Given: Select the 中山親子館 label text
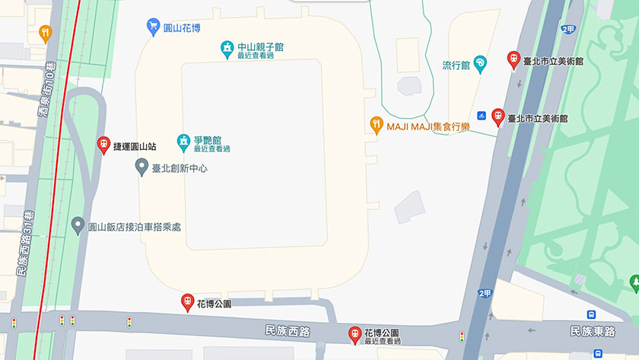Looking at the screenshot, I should point(260,47).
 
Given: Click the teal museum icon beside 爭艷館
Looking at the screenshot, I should point(183,142).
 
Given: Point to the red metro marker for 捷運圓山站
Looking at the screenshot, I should point(104,145).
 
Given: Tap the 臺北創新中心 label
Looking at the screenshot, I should point(180,167).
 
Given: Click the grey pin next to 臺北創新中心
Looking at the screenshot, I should point(141,167).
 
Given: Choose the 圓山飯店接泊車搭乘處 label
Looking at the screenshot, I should point(134,227).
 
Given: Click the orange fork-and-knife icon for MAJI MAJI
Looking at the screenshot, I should point(376,126).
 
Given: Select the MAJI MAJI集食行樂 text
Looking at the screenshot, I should point(428,126).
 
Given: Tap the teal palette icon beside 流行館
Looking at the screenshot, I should point(480,64).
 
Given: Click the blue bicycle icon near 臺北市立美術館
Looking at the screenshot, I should point(482,116).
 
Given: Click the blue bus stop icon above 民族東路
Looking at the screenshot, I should point(591,314).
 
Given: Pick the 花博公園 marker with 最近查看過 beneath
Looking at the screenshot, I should point(354,333).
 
